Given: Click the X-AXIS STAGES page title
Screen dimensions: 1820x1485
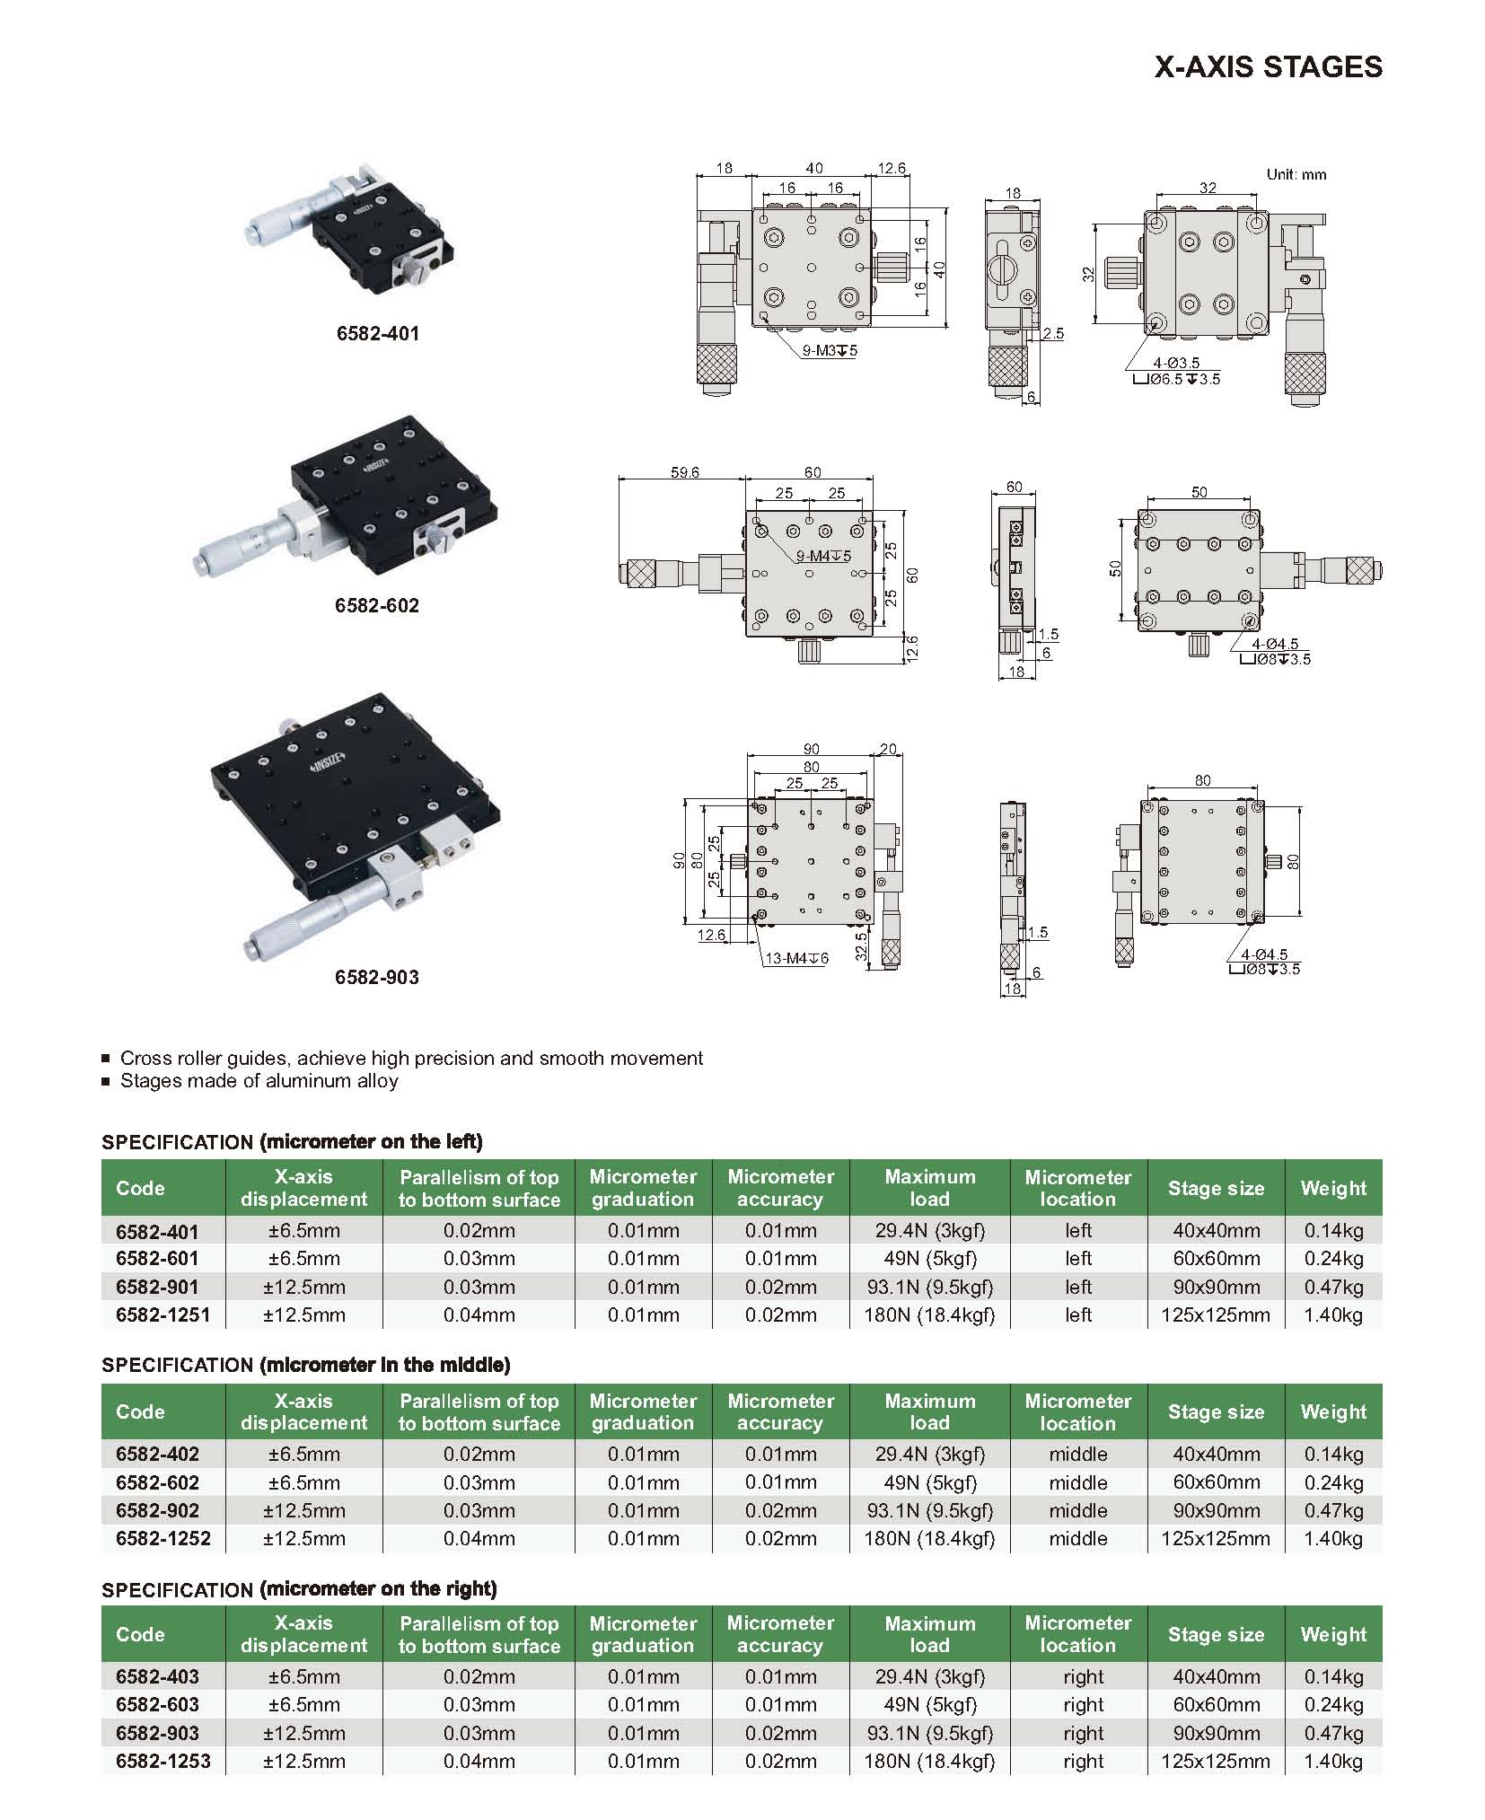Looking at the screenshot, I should pos(1268,67).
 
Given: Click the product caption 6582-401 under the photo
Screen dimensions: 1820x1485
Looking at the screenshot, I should pos(377,333).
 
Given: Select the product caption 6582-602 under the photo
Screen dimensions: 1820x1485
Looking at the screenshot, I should pos(377,605).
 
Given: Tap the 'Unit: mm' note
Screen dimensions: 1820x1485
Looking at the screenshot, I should pos(1296,174).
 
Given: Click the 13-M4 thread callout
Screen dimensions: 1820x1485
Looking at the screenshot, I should pos(796,958).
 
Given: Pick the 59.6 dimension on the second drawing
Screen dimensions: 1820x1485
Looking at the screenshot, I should pos(684,472).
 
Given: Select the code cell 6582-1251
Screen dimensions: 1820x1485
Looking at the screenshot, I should pos(163,1314).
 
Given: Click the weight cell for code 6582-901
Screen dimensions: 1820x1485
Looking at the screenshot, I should pos(1333,1287).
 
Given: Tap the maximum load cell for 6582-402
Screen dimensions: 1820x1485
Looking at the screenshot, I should pos(929,1454).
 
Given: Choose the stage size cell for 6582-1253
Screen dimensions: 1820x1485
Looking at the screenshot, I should pos(1216,1761).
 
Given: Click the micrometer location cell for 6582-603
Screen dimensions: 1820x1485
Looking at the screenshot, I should pos(1083,1704).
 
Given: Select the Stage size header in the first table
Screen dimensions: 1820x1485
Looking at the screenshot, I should pos(1216,1188).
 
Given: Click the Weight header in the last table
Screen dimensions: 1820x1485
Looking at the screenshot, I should pos(1333,1634).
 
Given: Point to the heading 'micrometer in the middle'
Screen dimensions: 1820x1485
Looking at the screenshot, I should pos(384,1365).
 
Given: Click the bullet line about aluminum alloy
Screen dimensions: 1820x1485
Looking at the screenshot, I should pos(259,1081).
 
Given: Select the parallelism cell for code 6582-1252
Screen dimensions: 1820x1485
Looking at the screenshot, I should pos(479,1538).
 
